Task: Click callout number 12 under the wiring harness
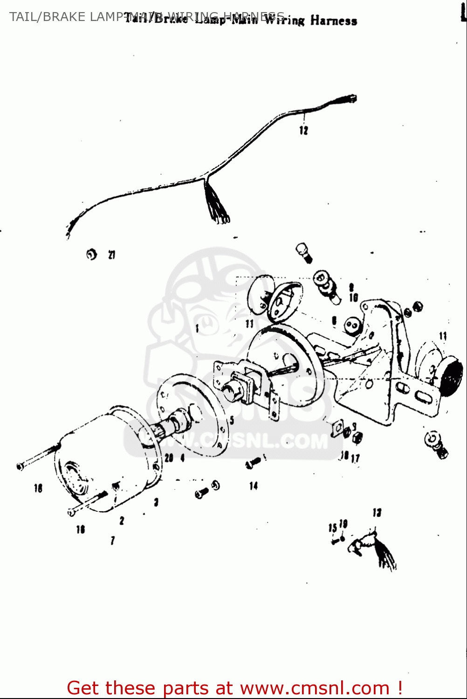click(304, 130)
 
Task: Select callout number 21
click(112, 254)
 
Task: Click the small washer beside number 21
click(92, 254)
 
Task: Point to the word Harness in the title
click(334, 21)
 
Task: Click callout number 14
click(254, 486)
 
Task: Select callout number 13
click(377, 513)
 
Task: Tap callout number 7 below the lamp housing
click(113, 541)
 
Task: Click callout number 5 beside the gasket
click(232, 420)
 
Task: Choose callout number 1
click(197, 329)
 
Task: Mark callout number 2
click(122, 521)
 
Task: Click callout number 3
click(156, 502)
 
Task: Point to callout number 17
click(356, 458)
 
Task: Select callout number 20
click(169, 458)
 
